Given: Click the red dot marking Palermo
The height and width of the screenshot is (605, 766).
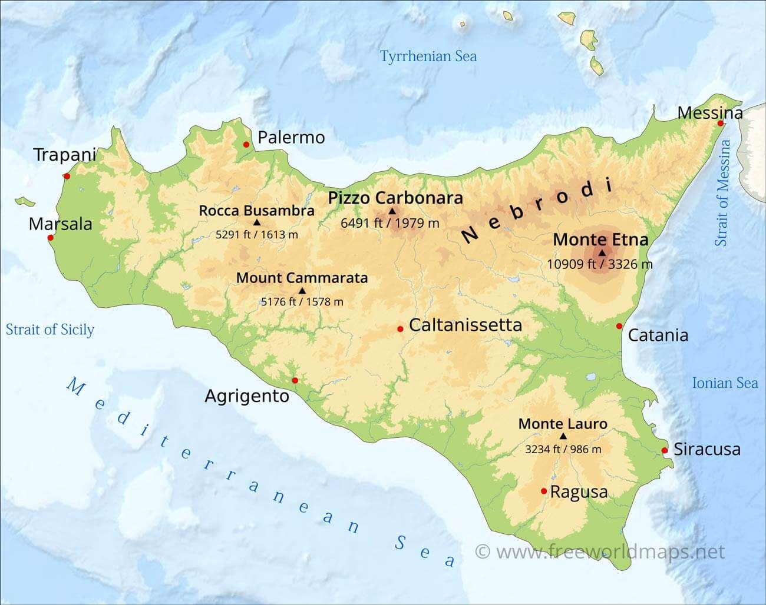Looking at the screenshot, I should click(246, 144).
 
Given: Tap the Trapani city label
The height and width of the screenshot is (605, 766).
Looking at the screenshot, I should click(64, 155).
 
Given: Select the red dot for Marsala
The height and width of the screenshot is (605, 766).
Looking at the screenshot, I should click(50, 238).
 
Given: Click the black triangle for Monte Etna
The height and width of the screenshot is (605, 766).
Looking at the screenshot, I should click(602, 252).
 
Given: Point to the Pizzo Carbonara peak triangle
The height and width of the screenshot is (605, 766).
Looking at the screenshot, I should click(392, 211).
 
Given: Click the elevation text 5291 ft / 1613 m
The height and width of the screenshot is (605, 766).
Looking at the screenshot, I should click(256, 234).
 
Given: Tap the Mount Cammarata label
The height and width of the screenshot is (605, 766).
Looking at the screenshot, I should click(302, 278).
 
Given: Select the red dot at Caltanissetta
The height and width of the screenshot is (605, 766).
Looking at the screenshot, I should click(400, 329).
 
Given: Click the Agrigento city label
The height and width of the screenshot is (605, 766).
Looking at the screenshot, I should click(247, 396).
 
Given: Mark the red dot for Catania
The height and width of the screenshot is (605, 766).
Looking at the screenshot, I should click(619, 326).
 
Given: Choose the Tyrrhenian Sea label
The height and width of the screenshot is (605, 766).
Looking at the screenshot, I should click(428, 56).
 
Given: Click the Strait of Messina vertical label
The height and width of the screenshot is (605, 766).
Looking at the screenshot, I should click(722, 192).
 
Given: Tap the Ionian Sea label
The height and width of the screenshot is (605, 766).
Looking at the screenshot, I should click(724, 383).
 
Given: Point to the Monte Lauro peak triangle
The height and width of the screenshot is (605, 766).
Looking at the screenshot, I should click(563, 436).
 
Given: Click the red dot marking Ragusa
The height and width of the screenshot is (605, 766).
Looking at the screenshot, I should click(543, 491).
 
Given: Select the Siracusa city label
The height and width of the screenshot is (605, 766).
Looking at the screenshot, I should click(706, 449).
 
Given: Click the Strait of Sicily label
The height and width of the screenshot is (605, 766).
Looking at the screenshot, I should click(50, 330).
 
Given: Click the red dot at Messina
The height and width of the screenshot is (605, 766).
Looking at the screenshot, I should click(721, 123).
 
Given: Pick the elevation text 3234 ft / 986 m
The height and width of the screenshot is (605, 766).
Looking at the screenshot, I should click(563, 449).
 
